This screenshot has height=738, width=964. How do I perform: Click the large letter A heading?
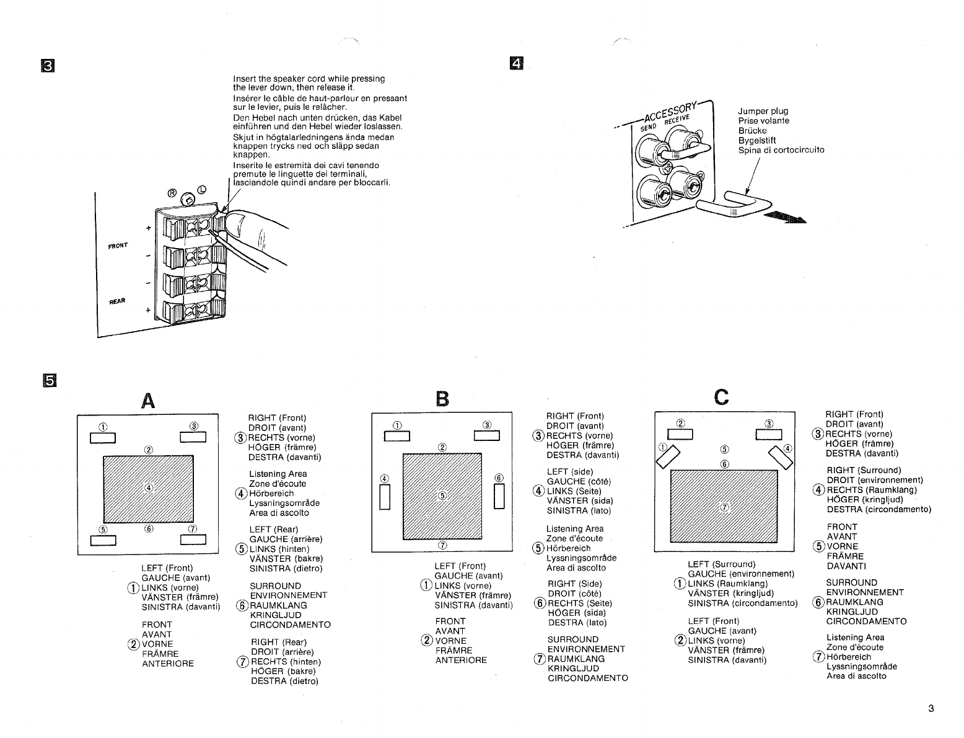click(147, 401)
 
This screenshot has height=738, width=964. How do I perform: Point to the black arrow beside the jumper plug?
click(786, 216)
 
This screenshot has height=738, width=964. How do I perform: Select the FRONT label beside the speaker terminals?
click(118, 245)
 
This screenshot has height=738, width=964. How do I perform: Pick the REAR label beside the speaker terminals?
click(117, 301)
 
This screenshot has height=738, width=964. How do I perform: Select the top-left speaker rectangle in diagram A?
click(103, 437)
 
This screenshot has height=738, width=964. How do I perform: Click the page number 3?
click(931, 709)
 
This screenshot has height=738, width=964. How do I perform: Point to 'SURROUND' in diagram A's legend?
click(275, 586)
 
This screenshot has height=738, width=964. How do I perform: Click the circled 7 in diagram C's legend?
click(819, 657)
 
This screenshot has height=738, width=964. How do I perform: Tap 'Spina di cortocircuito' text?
click(781, 150)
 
